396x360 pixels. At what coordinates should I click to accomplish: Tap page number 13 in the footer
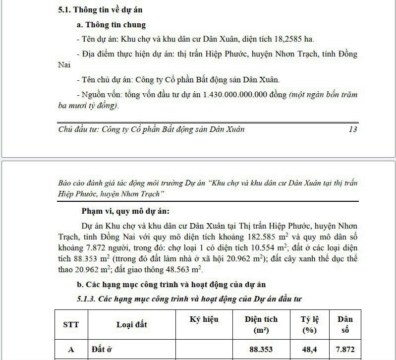pos(353,129)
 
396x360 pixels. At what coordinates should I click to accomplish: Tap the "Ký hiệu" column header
pos(204,319)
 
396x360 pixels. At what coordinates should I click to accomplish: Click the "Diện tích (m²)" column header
pos(261,324)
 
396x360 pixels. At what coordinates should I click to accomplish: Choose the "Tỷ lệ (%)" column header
pos(309,324)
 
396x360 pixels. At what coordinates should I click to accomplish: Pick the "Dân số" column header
pos(345,324)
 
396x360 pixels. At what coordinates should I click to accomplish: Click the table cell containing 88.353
pos(261,349)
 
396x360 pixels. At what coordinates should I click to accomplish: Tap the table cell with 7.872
pos(345,349)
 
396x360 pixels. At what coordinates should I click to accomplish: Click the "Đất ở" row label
pos(102,349)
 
